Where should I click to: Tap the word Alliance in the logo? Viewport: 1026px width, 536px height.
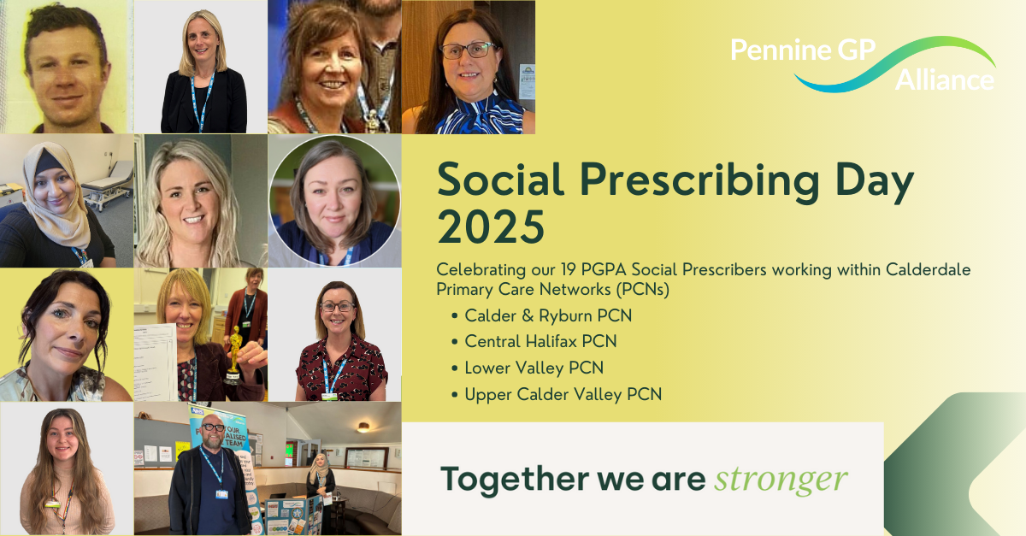click(945, 80)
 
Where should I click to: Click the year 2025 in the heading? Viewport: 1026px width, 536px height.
click(491, 227)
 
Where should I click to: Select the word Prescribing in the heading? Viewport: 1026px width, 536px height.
click(699, 181)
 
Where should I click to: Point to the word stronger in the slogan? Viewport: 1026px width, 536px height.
click(781, 480)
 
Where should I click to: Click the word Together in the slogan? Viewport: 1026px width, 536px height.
click(514, 479)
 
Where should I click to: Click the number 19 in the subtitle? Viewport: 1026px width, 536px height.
click(568, 269)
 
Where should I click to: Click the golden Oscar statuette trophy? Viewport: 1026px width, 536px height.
click(234, 354)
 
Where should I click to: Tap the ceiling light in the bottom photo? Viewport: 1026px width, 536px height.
click(363, 427)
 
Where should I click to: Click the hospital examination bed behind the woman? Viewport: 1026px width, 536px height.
click(107, 183)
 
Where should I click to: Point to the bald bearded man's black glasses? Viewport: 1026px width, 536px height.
click(213, 427)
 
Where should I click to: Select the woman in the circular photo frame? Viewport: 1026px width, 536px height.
click(334, 201)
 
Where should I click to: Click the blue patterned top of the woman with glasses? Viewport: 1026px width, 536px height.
click(481, 115)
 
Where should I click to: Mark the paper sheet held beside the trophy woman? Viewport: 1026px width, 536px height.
click(155, 362)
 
